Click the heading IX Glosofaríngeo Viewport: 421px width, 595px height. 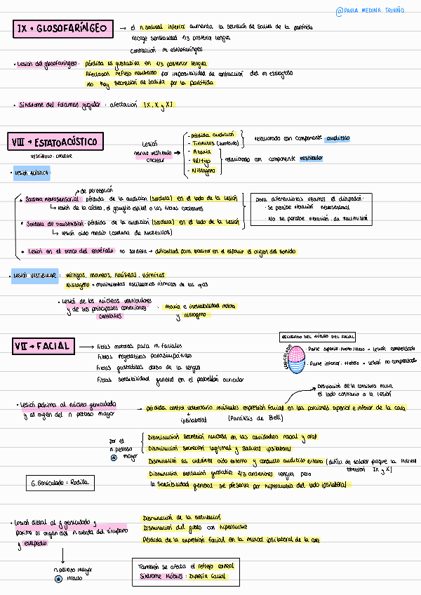(63, 28)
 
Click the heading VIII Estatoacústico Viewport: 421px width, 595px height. (55, 142)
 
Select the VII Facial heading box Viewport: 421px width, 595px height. (43, 346)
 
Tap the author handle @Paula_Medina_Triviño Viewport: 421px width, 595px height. (374, 11)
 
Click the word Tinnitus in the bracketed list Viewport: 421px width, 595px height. (208, 142)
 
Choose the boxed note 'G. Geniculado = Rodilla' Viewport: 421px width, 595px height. (60, 483)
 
